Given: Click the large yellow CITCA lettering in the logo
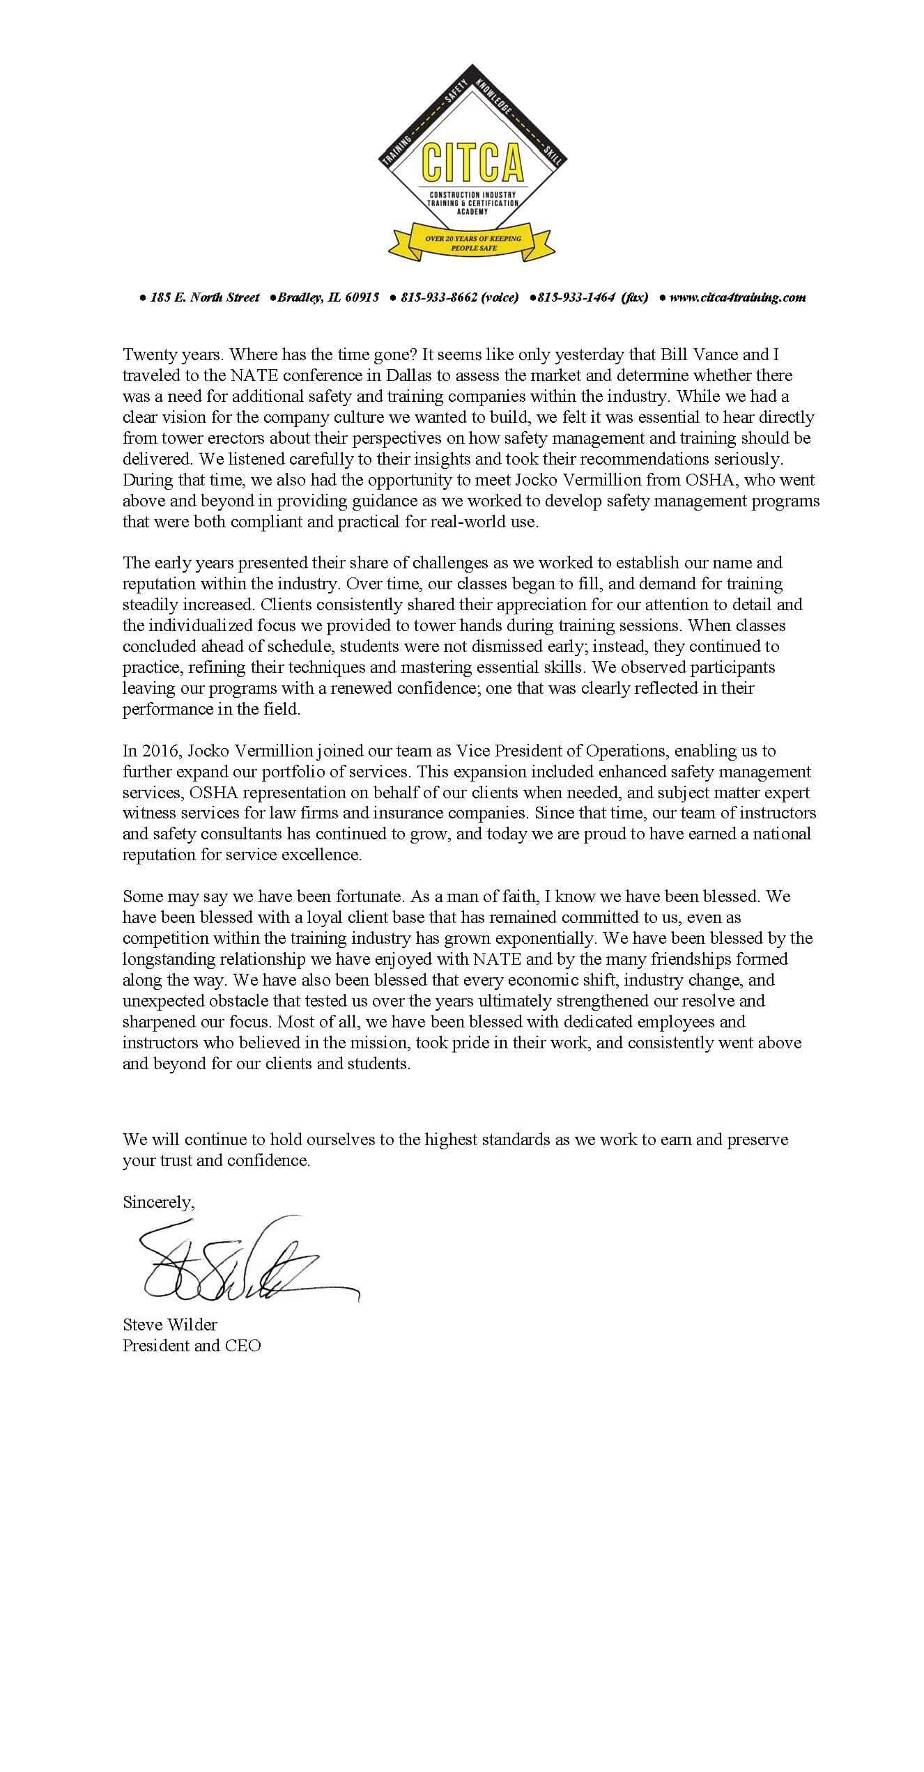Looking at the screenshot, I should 472,162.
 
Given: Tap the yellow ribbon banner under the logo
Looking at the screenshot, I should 472,242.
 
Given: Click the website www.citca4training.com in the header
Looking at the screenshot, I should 737,297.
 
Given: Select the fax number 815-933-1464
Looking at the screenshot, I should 576,297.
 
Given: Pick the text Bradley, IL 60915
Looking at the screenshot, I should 328,297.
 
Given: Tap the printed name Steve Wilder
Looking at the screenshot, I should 170,1324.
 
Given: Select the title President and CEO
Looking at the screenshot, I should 192,1345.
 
